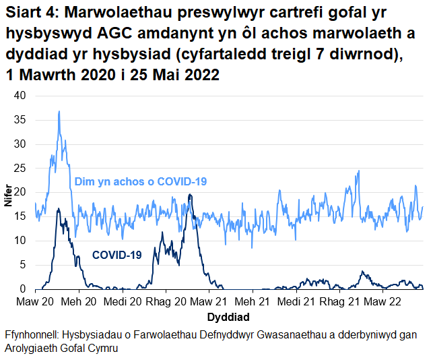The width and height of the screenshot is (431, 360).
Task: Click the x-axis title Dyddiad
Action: click(229, 316)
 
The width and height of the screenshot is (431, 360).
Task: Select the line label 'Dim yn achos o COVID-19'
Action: click(140, 181)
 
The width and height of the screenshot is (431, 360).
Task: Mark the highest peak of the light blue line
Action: click(59, 111)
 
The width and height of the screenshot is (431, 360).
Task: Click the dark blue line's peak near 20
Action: click(190, 195)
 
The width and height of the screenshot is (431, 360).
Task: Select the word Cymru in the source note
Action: click(102, 349)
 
